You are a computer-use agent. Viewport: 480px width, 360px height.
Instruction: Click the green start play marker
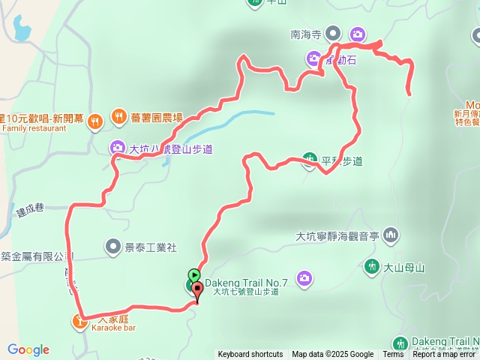(x=194, y=274)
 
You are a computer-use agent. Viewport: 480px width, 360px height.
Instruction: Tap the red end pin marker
(x=197, y=289)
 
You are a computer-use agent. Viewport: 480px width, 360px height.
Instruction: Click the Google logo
(x=28, y=349)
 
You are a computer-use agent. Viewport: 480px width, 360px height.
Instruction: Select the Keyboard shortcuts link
(x=250, y=355)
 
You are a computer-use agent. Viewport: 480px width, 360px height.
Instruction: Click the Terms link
(x=393, y=355)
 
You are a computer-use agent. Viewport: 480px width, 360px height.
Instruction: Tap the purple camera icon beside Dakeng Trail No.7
(x=304, y=279)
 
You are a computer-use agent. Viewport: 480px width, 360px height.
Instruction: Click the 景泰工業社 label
(x=150, y=246)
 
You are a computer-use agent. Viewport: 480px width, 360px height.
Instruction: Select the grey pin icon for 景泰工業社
(x=112, y=245)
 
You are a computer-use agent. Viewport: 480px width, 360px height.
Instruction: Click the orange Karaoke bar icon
(x=80, y=322)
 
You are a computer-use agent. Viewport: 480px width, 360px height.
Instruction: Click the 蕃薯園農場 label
(x=156, y=117)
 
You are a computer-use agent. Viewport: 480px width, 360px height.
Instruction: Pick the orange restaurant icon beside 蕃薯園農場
(x=119, y=116)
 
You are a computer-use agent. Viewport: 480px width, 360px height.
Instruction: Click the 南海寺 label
(x=305, y=34)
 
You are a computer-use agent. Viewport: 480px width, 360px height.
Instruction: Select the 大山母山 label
(x=404, y=267)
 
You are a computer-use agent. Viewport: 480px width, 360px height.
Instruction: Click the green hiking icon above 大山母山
(x=371, y=266)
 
